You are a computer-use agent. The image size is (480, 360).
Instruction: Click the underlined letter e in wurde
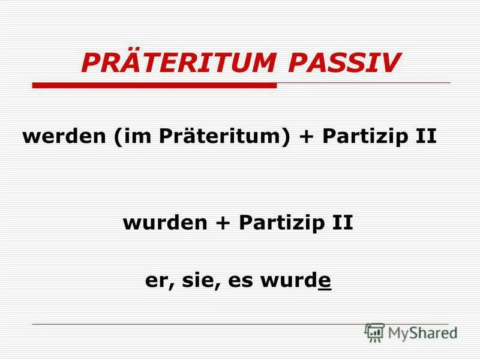[325, 282]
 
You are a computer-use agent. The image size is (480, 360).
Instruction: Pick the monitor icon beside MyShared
[374, 332]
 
